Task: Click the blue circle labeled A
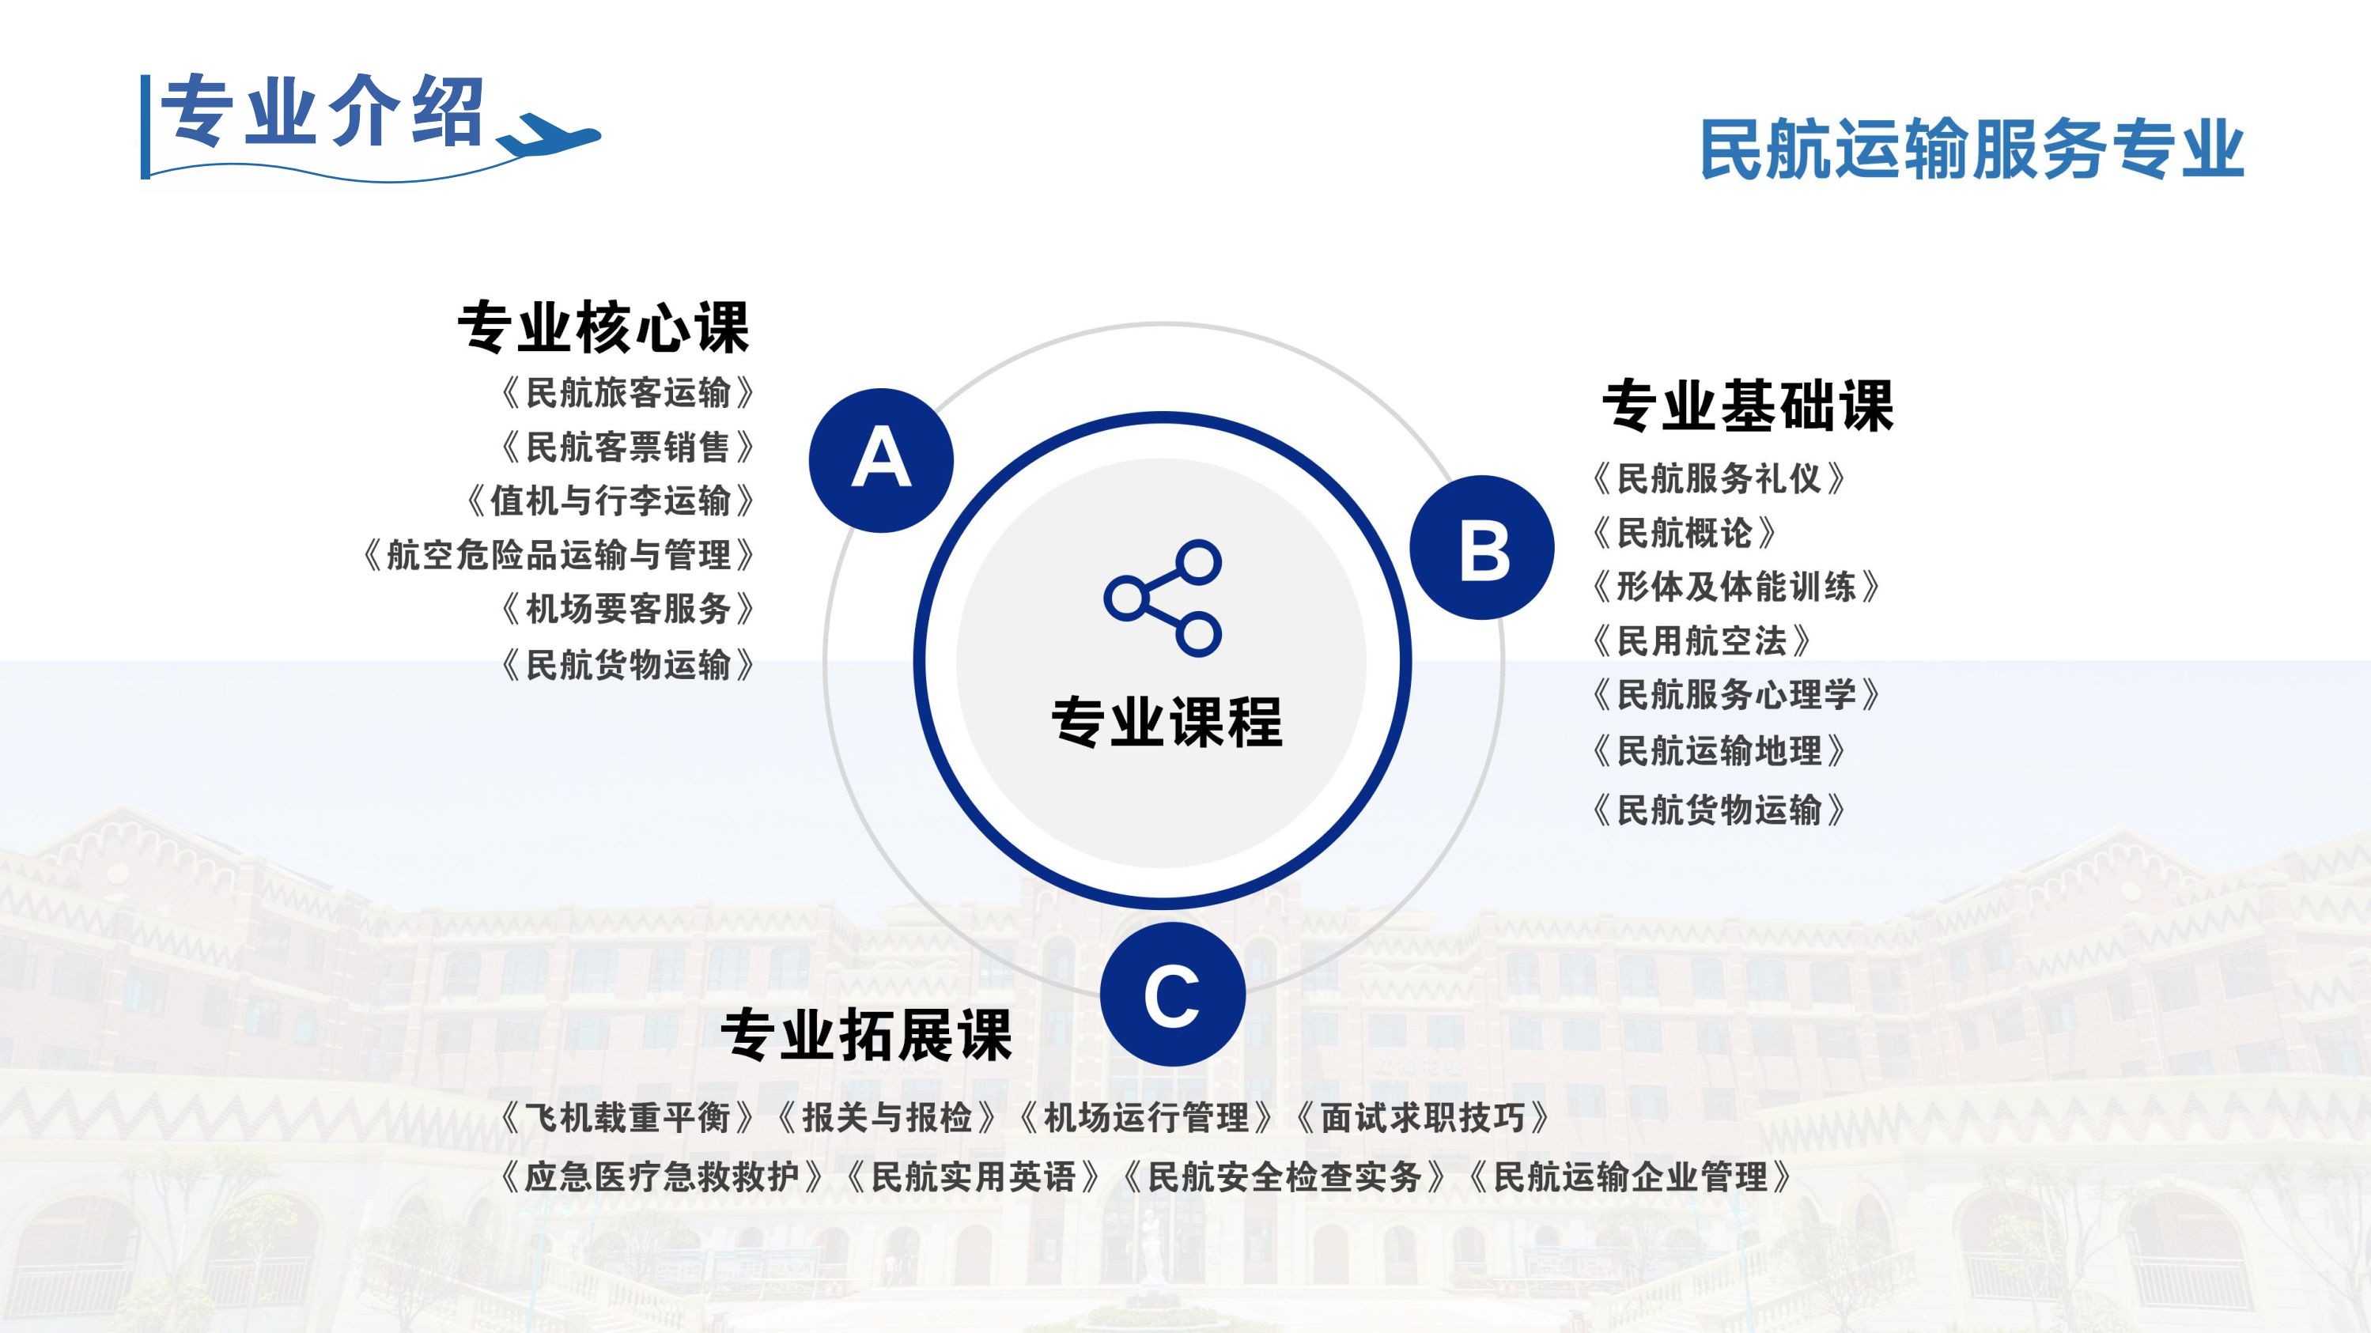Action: click(x=881, y=460)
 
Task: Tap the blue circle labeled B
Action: click(x=1482, y=547)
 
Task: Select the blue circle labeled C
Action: click(x=1172, y=995)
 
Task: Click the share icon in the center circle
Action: click(x=1163, y=598)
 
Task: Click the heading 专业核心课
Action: click(x=603, y=327)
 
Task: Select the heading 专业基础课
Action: click(x=1748, y=406)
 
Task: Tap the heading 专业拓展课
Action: click(x=866, y=1035)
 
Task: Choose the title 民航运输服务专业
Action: click(x=1972, y=149)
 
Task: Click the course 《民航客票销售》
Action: click(x=628, y=447)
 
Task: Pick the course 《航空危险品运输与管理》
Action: click(x=558, y=555)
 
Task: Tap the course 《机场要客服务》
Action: click(x=628, y=609)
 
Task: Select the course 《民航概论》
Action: click(x=1685, y=533)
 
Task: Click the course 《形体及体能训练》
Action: click(x=1736, y=587)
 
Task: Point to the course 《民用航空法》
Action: click(x=1702, y=641)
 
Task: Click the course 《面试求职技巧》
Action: click(x=1423, y=1118)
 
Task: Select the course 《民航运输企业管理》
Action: click(x=1630, y=1176)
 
